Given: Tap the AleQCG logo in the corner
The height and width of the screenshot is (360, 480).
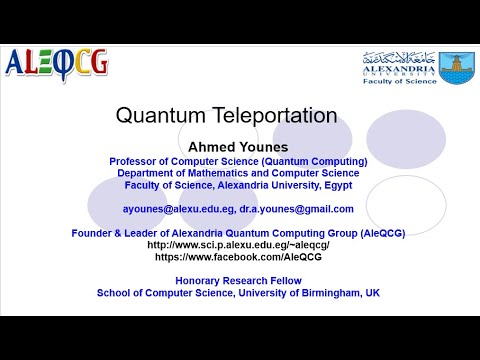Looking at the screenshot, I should coord(57,65).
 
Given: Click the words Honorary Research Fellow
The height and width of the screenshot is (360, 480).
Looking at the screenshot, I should coord(238,281).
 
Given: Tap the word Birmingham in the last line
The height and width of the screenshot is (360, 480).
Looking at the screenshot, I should coord(326,293).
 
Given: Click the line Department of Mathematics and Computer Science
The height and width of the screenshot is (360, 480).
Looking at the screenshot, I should coord(238,173).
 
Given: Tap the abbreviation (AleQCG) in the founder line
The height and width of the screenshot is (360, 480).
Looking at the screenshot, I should coord(376,233).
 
